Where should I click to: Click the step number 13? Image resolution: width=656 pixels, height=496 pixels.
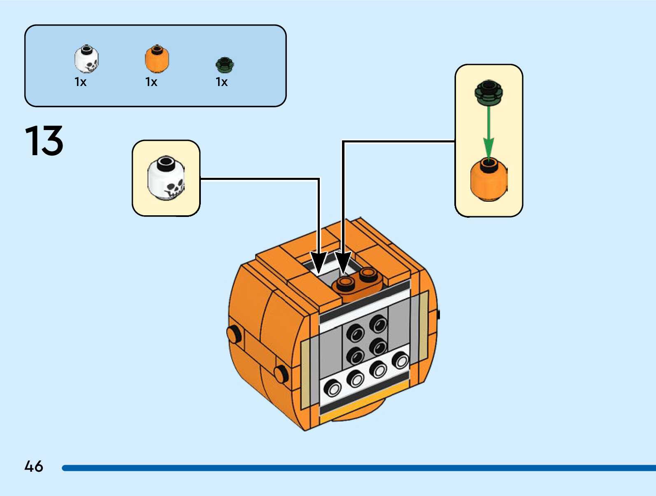(x=44, y=140)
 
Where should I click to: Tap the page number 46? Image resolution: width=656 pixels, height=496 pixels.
(x=34, y=466)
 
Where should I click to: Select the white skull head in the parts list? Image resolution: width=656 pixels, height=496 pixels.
(x=86, y=59)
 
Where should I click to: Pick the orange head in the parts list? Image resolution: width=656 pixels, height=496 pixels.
(x=157, y=59)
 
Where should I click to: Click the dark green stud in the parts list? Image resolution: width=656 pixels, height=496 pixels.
(x=225, y=65)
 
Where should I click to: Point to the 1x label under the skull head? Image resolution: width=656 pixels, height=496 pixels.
(x=80, y=82)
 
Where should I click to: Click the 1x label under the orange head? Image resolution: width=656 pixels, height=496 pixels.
(x=151, y=82)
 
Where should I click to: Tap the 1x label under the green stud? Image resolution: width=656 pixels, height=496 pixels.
(x=222, y=82)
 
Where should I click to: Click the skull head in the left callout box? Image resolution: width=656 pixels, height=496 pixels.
(x=166, y=178)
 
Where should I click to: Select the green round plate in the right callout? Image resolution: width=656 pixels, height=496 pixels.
(x=489, y=92)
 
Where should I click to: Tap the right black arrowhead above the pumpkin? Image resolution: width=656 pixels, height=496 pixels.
(x=343, y=263)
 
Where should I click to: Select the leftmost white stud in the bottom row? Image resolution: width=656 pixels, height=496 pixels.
(x=333, y=388)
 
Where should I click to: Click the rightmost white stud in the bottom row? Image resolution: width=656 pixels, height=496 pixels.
(x=400, y=360)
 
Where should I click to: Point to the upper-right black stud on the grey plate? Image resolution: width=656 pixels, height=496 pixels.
(x=378, y=323)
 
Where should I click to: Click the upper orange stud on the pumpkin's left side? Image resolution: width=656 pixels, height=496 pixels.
(x=234, y=334)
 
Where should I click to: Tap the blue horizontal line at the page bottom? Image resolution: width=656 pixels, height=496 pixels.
(x=358, y=468)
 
